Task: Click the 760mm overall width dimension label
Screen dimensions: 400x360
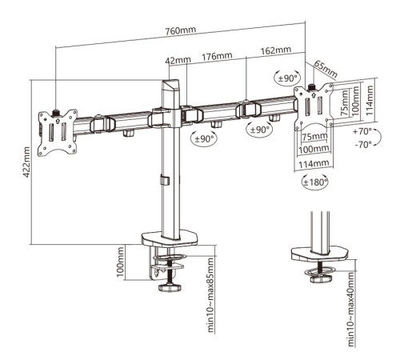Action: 181,31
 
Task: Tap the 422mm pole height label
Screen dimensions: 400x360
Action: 27,162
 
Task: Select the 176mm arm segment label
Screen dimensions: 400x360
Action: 217,56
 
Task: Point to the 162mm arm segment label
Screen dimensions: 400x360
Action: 276,50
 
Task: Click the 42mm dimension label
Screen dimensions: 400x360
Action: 178,60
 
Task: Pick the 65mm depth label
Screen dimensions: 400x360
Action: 326,69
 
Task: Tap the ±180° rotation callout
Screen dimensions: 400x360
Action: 315,182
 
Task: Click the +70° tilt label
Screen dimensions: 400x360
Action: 362,131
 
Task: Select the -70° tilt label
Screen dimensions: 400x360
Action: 363,145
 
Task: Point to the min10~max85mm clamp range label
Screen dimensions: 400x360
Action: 210,295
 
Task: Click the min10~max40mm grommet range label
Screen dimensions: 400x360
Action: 352,309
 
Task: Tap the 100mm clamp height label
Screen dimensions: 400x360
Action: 121,262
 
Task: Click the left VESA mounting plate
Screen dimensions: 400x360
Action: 58,133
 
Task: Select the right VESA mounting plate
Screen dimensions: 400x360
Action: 314,107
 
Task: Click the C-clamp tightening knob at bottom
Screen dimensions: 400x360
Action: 170,287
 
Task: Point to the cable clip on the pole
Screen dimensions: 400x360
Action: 165,180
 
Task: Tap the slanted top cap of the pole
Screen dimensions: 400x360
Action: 170,86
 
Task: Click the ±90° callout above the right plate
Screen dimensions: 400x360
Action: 287,78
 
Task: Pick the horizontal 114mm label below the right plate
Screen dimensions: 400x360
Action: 314,164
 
